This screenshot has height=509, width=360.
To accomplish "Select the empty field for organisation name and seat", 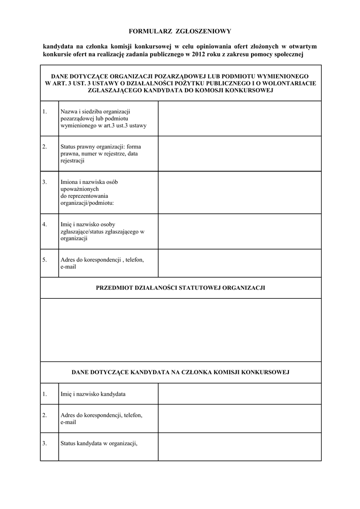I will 239,118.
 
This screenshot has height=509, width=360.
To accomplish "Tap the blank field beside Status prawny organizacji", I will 239,154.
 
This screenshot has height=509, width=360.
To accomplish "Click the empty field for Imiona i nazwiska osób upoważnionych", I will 239,192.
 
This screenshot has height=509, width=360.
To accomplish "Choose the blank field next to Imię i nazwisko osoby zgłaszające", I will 239,231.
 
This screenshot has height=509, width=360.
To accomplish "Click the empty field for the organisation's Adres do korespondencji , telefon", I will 239,263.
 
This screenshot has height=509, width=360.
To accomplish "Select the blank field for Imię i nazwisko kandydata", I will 239,394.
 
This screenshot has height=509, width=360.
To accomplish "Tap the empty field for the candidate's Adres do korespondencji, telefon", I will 239,418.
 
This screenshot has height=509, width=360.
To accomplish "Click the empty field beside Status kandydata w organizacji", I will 239,446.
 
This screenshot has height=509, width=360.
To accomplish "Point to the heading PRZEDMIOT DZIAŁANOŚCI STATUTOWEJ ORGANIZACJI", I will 180,288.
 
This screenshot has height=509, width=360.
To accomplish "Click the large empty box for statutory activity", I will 180,330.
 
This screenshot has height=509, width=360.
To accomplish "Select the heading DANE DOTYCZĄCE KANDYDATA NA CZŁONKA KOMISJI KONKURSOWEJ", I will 180,372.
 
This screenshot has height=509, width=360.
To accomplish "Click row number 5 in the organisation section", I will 45,259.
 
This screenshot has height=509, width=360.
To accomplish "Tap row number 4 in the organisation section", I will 45,224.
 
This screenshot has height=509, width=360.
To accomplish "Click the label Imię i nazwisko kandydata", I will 92,394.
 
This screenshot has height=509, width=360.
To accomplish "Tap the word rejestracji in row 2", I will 73,161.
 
